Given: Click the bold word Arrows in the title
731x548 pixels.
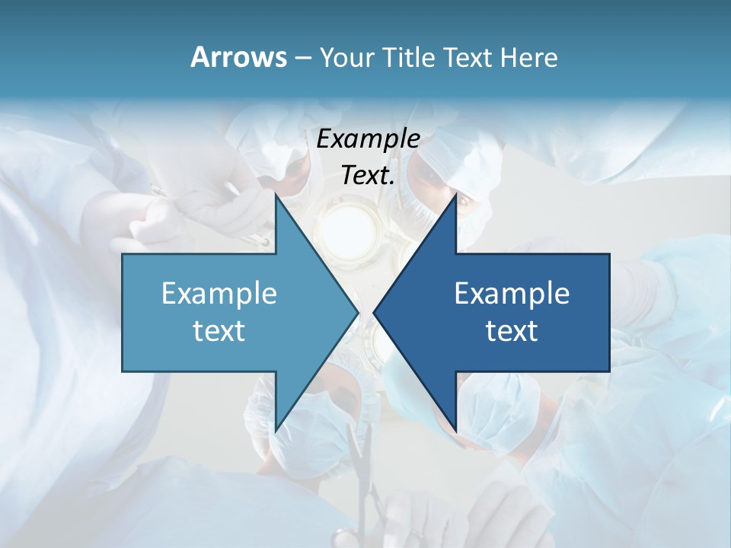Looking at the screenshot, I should tap(238, 58).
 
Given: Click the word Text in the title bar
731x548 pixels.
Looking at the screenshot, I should tap(468, 58).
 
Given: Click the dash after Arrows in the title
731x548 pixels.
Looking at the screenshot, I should tap(302, 58).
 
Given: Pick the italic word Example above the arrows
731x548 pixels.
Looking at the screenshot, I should tap(369, 139).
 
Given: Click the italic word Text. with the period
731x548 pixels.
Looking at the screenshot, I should tap(369, 176).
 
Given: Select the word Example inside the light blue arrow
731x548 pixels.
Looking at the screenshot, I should tap(219, 294).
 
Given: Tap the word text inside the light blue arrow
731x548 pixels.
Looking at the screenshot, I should tap(219, 331).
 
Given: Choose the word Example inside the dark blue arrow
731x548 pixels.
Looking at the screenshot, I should tap(512, 294).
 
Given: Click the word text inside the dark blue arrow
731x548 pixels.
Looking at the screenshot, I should tap(512, 331).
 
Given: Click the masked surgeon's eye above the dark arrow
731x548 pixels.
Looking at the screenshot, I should tap(463, 202).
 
